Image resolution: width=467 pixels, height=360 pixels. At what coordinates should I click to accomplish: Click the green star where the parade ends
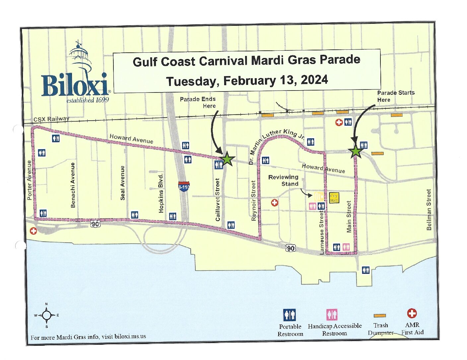pos(228,159)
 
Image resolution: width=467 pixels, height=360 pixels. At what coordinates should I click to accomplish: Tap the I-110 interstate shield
pos(184,186)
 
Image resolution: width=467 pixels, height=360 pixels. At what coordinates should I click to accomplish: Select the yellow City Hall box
pos(334,198)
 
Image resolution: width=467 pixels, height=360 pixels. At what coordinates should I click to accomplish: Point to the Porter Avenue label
pos(29,180)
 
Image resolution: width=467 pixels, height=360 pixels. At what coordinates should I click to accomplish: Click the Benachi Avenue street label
pos(73,185)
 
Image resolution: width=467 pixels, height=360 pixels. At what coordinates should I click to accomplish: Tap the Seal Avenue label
pos(122,183)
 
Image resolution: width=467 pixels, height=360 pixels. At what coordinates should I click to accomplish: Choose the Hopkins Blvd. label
pos(161,193)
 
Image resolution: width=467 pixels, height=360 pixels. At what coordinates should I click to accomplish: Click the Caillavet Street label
pos(218,200)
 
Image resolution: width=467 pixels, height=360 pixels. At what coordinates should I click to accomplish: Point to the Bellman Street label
pos(429,210)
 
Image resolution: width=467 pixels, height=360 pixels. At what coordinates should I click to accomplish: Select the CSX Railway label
pos(51,119)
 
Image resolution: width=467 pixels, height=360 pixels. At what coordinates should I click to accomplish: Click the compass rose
pos(46,315)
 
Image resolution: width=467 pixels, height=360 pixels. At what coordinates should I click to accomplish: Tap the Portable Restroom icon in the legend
pos(290,315)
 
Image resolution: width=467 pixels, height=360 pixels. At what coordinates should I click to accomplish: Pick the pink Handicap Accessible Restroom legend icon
pos(332,314)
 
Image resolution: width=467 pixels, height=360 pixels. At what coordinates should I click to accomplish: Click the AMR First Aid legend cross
pos(412,313)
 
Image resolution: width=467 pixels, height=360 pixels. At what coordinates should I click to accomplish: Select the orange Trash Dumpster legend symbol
pos(380,316)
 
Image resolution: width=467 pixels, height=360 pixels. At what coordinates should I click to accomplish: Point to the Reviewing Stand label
pos(284,180)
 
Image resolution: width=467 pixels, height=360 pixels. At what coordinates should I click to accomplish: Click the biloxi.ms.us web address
pos(130,336)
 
